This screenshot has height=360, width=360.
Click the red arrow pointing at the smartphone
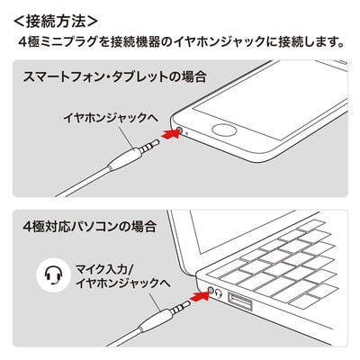coord(166,134)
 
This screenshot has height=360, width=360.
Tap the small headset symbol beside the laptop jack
coord(220,292)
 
